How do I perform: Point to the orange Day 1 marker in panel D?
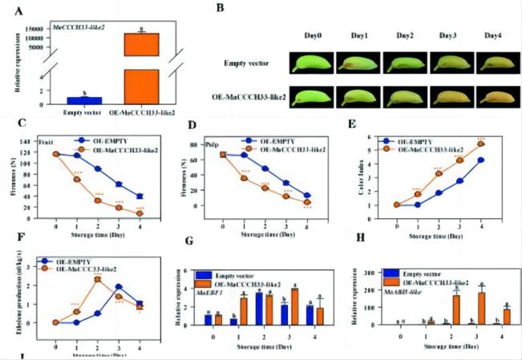coord(244,177)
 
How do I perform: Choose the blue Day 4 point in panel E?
coord(480,160)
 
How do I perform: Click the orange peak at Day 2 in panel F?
coord(97,279)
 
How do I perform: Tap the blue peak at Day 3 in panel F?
coord(118,287)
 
